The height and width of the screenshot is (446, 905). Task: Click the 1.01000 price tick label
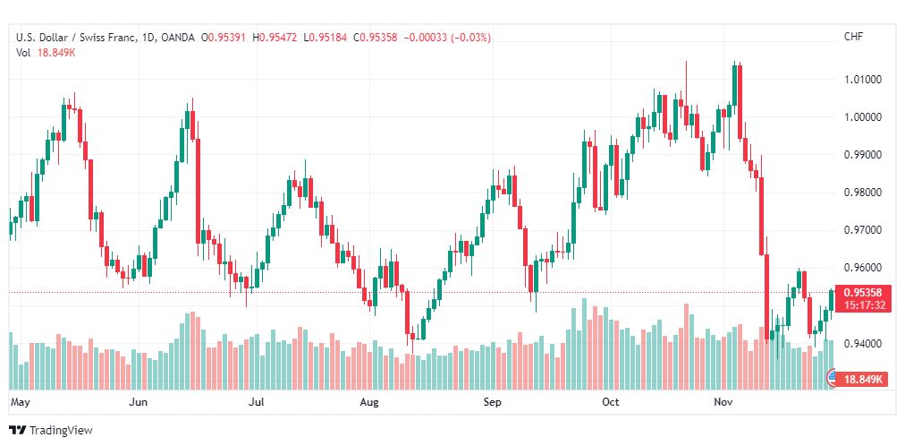point(862,79)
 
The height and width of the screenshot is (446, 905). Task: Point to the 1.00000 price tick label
point(862,116)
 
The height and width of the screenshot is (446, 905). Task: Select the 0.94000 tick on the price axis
point(862,344)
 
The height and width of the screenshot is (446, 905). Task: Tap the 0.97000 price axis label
point(862,230)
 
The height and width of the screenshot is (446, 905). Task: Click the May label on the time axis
point(20,402)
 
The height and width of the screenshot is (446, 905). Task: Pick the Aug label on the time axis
point(368,402)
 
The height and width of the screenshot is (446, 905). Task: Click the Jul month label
point(256,402)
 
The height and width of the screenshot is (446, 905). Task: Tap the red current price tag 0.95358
point(862,293)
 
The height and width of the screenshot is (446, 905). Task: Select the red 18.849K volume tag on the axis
point(863,380)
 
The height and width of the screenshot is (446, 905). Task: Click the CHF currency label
point(854,37)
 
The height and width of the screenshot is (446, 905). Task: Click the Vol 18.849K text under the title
point(47,53)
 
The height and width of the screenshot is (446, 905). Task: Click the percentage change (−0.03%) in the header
point(465,38)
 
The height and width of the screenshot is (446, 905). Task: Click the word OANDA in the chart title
point(178,38)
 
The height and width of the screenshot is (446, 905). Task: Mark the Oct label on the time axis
point(610,402)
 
